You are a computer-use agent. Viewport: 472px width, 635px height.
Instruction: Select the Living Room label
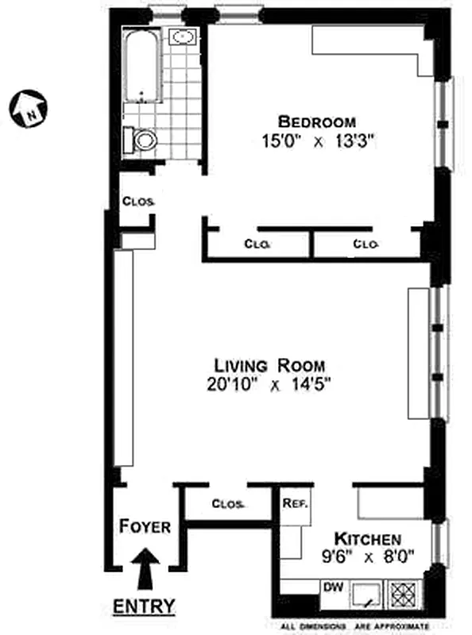(x=269, y=365)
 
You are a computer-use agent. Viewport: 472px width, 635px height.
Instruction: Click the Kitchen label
(x=366, y=537)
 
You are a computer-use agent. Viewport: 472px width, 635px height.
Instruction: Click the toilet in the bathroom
(x=144, y=141)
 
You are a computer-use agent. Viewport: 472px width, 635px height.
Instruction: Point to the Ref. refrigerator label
(x=295, y=503)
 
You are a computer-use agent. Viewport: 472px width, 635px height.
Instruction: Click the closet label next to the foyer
(x=229, y=504)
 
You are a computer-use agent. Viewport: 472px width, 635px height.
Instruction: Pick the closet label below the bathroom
(x=137, y=201)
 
